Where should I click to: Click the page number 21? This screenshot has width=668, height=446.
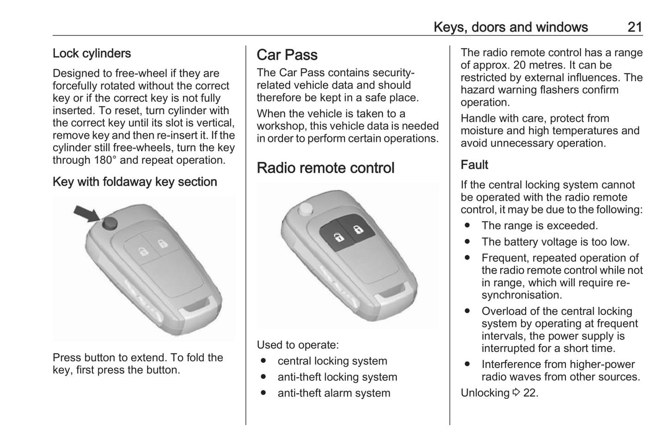tap(635, 27)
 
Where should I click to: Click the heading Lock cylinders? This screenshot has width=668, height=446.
tap(92, 53)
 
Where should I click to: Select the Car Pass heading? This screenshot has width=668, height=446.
tap(287, 55)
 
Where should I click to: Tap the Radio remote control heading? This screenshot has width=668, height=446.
tap(325, 168)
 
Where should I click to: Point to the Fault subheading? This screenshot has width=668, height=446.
tap(474, 165)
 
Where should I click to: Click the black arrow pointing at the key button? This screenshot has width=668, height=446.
tap(87, 214)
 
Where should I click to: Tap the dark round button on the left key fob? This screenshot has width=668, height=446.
tap(110, 223)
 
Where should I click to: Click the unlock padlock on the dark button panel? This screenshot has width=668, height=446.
tap(338, 238)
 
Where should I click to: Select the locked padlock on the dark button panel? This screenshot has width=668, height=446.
tap(358, 229)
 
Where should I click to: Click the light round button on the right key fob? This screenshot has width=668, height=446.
tap(305, 209)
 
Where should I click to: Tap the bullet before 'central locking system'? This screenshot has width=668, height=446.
tap(264, 361)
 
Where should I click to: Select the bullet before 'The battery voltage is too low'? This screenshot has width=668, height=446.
tap(467, 242)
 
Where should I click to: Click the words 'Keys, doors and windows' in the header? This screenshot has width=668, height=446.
tap(510, 27)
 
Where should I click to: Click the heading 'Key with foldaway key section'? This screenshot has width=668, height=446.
tap(135, 182)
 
